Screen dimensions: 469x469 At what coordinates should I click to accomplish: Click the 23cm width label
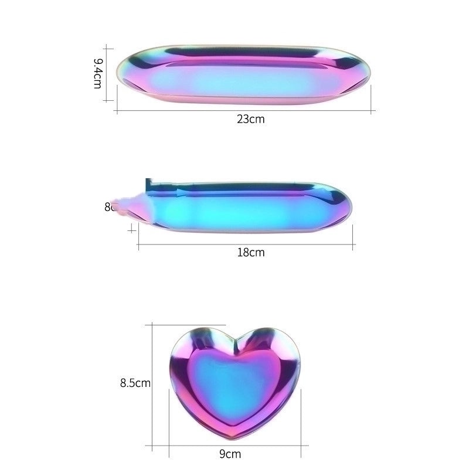pos(251,119)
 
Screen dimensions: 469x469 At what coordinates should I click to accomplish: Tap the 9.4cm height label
pos(98,73)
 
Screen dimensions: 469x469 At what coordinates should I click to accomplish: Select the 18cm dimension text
pos(251,253)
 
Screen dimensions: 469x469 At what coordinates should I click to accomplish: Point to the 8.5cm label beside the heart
pos(135,383)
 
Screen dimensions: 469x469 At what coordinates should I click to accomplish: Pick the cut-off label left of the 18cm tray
pos(108,207)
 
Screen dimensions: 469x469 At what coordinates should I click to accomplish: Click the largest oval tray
pos(244,76)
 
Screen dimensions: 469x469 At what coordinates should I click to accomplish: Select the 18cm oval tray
pos(246,209)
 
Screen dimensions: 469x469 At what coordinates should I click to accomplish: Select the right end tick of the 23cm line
pos(373,110)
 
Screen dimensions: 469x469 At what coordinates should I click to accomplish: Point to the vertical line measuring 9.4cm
pos(106,73)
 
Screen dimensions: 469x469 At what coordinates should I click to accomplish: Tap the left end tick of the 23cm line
pos(117,110)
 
